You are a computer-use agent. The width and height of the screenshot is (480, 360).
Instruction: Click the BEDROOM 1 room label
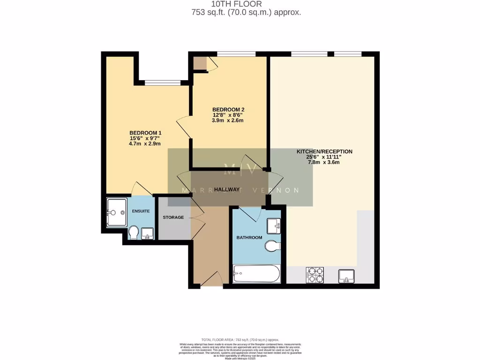tap(145, 133)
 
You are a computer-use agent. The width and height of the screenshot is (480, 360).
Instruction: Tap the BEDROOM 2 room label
tap(228, 110)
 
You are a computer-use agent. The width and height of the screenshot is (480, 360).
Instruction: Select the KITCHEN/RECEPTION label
tap(324, 151)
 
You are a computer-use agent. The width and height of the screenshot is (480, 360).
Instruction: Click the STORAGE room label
tap(173, 217)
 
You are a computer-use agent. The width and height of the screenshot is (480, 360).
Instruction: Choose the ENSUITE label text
tap(141, 211)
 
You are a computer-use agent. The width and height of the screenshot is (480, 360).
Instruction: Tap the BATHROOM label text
tap(249, 238)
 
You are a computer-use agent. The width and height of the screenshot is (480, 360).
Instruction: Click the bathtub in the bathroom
tap(256, 273)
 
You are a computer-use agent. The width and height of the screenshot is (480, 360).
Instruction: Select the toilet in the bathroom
tap(272, 246)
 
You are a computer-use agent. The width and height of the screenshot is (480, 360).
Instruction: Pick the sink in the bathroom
tap(273, 226)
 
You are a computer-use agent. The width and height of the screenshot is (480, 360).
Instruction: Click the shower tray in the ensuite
tap(116, 212)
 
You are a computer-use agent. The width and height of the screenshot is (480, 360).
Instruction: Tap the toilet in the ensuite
tap(133, 233)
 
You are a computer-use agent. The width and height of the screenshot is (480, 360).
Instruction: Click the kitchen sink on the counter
tap(346, 276)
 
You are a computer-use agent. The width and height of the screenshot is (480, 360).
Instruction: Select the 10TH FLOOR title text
tap(246, 4)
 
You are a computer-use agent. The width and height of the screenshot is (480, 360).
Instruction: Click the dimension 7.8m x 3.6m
tap(323, 163)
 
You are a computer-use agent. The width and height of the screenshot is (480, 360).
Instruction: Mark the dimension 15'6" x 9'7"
tap(145, 138)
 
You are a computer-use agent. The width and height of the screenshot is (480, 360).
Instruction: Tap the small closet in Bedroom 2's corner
tap(200, 63)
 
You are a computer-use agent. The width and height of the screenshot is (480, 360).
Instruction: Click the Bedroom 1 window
tap(163, 83)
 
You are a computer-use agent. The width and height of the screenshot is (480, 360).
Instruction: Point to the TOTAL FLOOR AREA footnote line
tap(240, 339)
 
